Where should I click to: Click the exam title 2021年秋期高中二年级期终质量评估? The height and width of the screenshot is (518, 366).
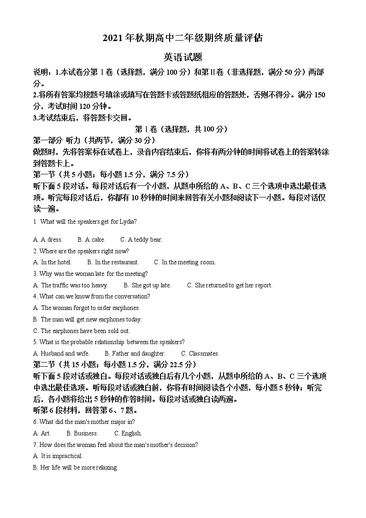[x=183, y=38]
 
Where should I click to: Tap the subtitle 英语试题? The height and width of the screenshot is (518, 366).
[x=183, y=57]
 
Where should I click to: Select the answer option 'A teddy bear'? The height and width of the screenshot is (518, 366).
[x=142, y=240]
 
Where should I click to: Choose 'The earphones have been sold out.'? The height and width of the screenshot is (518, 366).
[x=82, y=331]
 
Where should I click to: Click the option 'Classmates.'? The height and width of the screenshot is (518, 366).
[x=200, y=354]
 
